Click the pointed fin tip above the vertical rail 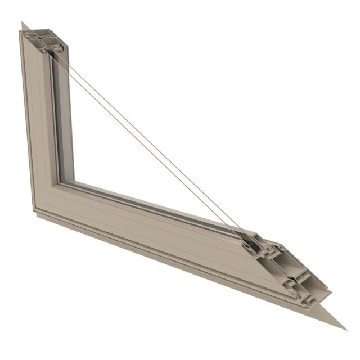point(23,23)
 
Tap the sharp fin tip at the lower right point(344,328)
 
